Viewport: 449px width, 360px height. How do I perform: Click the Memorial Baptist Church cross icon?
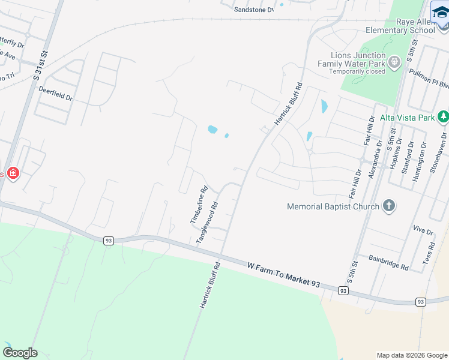[389, 206]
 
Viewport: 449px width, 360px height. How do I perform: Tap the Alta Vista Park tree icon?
[443, 117]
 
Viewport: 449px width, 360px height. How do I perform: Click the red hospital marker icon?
[13, 174]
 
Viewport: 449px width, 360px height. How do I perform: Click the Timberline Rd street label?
[199, 205]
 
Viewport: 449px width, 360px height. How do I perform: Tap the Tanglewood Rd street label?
[208, 222]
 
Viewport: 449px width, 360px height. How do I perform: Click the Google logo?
[20, 353]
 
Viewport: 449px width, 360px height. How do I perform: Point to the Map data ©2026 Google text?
[411, 355]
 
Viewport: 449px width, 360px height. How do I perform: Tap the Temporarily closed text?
[357, 71]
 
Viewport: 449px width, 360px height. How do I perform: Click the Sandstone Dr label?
[253, 10]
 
